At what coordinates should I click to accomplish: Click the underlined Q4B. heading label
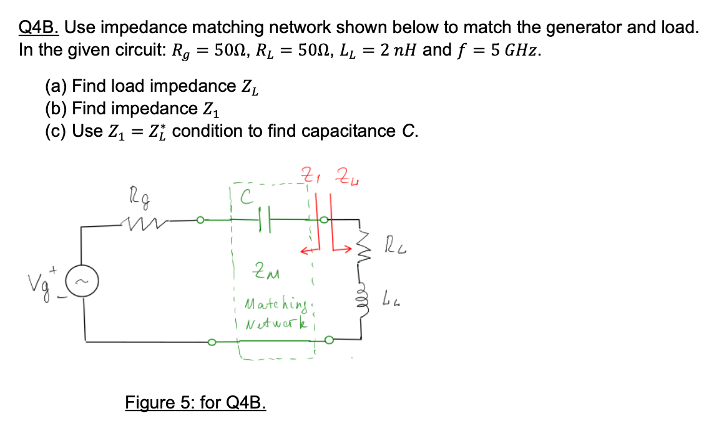coord(39,27)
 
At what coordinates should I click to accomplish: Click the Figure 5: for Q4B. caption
coord(196,402)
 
